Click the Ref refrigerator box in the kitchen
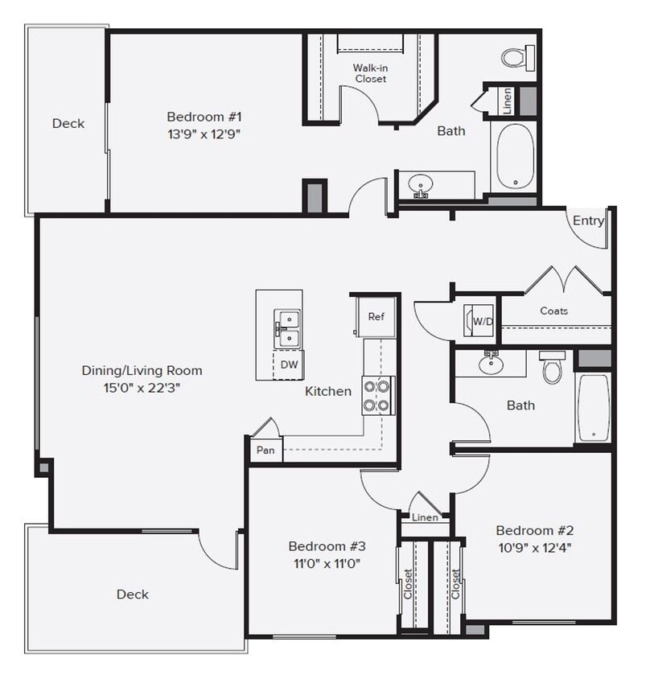click(x=376, y=316)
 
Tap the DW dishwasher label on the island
click(x=289, y=364)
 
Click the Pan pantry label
click(x=265, y=451)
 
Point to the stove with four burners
click(x=377, y=395)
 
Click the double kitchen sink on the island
click(x=286, y=330)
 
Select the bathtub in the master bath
click(x=513, y=157)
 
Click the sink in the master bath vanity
click(x=419, y=184)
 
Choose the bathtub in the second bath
click(x=593, y=407)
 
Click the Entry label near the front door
click(x=588, y=220)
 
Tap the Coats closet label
click(x=553, y=311)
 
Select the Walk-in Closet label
click(x=370, y=73)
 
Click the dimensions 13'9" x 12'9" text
click(x=204, y=134)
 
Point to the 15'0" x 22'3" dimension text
click(x=142, y=389)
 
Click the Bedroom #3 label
click(x=323, y=546)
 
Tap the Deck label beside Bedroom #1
click(x=68, y=123)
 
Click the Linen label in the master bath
click(x=507, y=101)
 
